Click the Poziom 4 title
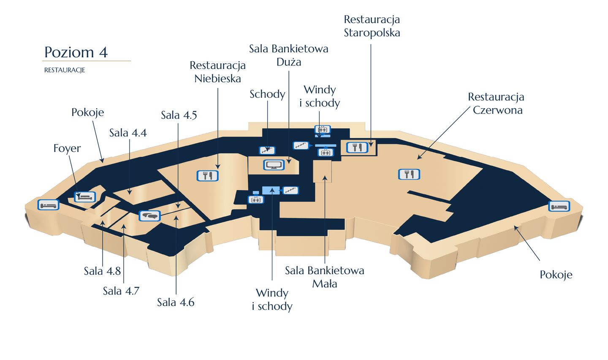76,52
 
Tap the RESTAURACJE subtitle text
65,70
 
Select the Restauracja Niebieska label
218,72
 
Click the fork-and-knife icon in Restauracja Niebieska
208,176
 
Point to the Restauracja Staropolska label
372,26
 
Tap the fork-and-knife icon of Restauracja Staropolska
357,147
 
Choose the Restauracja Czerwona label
496,103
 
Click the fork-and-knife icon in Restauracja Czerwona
409,174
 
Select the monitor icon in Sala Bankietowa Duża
274,165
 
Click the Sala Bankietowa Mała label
324,277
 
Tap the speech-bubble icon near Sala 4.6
149,216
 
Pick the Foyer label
67,148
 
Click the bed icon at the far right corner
559,206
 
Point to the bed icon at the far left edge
48,205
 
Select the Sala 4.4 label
128,133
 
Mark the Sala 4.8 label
102,271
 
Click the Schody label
267,94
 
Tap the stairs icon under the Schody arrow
267,150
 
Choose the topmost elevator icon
323,129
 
